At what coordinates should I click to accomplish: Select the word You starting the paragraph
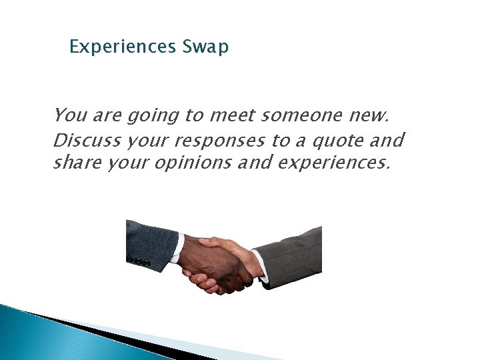(67, 116)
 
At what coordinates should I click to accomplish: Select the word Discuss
(85, 141)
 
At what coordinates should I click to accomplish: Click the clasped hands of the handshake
(220, 263)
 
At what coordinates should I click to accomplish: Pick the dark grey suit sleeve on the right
(293, 253)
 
